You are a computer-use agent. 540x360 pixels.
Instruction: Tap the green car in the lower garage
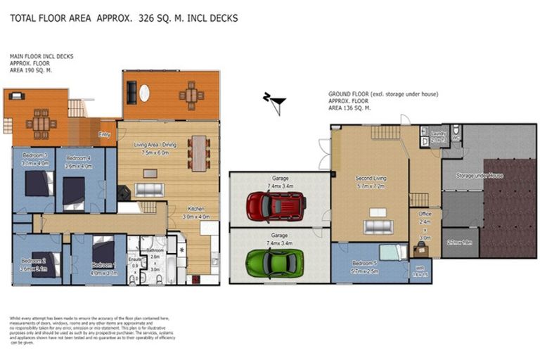[274, 262]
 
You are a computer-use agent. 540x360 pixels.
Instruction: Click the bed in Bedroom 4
[75, 192]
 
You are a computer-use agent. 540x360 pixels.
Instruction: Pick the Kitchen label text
[196, 209]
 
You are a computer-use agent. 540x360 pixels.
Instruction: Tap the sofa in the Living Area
[149, 189]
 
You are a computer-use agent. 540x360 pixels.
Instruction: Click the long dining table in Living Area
[199, 153]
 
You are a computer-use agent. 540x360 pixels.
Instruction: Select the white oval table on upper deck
[144, 93]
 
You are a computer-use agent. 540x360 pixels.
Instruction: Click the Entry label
[105, 134]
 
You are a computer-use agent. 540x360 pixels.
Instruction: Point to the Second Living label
[369, 178]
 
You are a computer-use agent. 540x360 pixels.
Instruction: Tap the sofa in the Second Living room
[378, 226]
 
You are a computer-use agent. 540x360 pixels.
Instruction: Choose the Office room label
[424, 214]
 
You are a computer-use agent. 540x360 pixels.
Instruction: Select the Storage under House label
[479, 175]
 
